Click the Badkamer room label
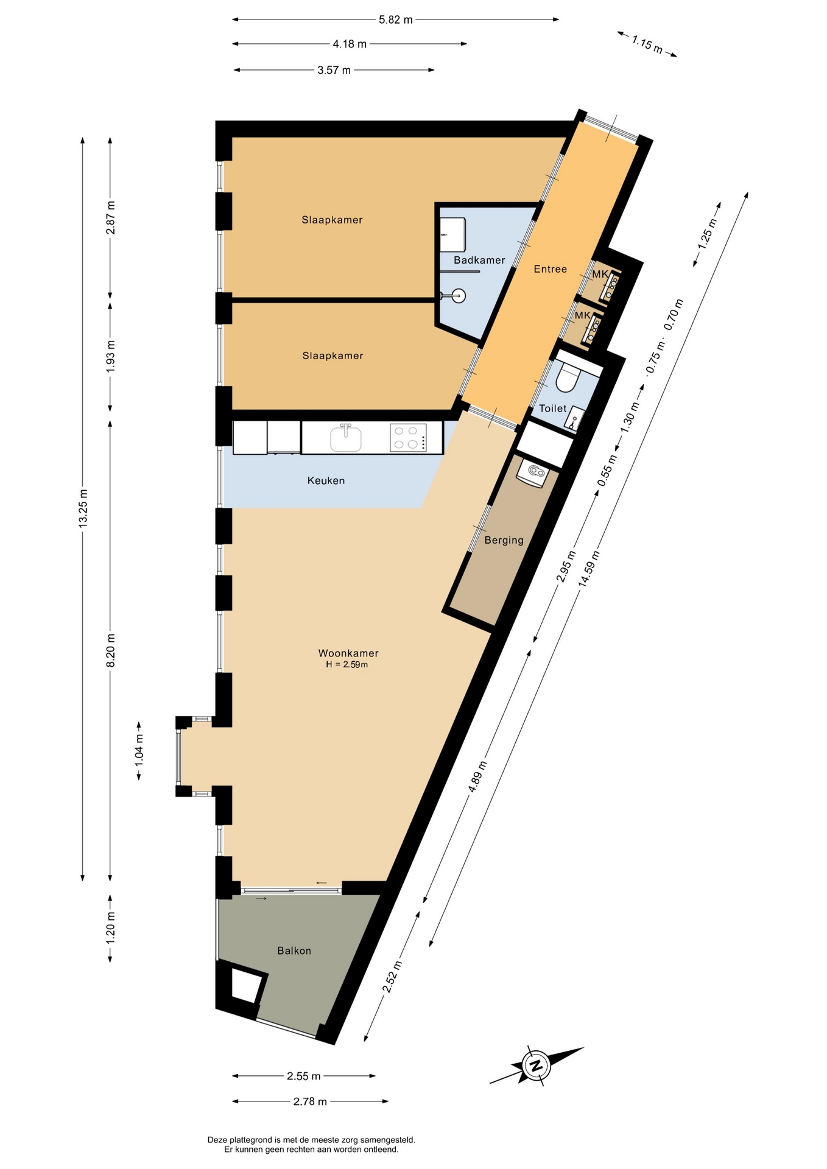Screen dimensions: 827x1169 pos(479,260)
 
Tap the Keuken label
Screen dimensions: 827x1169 pos(326,480)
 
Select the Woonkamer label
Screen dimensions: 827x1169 pos(348,653)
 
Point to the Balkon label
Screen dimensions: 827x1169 pos(294,950)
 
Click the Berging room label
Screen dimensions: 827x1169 pos(504,540)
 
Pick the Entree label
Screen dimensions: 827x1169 pos(550,269)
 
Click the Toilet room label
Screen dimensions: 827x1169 pos(552,409)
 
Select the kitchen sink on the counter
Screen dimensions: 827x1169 pos(346,438)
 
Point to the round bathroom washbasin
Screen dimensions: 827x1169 pos(458,296)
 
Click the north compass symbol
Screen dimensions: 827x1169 pos(537,1065)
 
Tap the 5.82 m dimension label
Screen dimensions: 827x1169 pos(396,19)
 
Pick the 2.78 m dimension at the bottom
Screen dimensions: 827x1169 pos(310,1101)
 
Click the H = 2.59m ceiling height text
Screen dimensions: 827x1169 pos(347,664)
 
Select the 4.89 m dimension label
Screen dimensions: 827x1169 pos(477,777)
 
